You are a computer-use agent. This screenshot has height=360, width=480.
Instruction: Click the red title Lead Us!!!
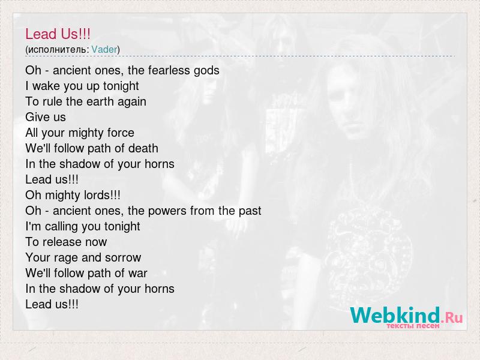point(58,34)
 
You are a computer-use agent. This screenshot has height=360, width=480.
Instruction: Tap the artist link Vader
point(104,49)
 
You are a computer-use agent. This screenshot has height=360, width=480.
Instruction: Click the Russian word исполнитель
point(58,50)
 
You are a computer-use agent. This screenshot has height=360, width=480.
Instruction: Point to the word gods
point(206,71)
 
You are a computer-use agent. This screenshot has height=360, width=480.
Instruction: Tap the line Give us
point(46,117)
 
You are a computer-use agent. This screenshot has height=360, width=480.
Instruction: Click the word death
point(143,148)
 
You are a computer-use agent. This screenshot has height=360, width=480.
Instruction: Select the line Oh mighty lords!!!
point(73,196)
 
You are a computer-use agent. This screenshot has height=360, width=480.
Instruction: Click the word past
point(248,211)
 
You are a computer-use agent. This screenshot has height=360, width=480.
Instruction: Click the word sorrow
point(123,258)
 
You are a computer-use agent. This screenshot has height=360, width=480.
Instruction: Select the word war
point(138,274)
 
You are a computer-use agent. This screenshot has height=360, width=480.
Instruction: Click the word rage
point(66,258)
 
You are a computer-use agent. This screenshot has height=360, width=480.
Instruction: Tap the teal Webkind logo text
point(395,314)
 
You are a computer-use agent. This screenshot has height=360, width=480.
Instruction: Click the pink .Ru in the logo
point(452,318)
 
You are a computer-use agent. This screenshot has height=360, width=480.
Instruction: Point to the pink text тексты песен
point(413,326)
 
